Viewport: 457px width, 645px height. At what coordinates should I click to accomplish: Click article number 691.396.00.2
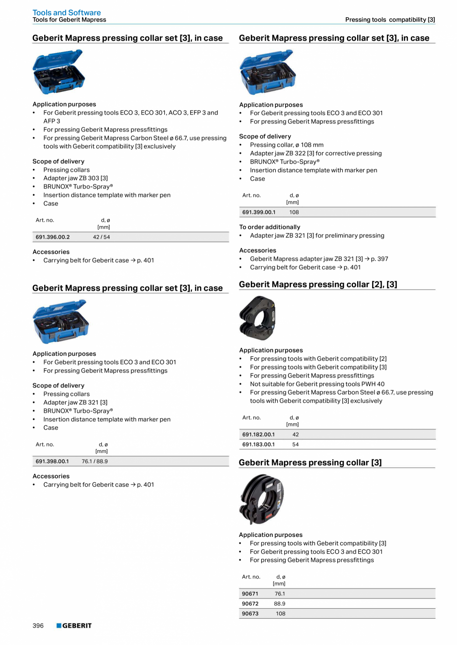(x=53, y=237)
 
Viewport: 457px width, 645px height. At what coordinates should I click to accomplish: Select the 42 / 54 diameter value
(x=101, y=237)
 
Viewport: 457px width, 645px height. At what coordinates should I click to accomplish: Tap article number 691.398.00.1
(x=52, y=461)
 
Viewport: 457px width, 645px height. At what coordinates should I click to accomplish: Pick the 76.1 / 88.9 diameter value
(x=94, y=461)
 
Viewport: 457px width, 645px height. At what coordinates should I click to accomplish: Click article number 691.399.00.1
(x=259, y=212)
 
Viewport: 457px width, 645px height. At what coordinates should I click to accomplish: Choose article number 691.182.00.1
(x=258, y=435)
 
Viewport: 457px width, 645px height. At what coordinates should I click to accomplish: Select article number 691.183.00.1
(x=258, y=445)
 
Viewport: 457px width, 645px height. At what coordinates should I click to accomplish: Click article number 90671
(x=250, y=594)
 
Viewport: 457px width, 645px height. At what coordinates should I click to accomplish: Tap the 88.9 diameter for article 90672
(x=280, y=604)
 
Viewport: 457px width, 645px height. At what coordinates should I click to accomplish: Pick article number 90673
(x=250, y=614)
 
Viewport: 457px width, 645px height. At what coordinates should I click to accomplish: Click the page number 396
(x=38, y=626)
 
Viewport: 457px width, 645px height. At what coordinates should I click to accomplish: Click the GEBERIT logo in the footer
(x=74, y=626)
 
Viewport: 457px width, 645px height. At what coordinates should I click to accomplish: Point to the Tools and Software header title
(x=67, y=12)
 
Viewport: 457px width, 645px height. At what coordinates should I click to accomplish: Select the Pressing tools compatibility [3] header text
(x=390, y=20)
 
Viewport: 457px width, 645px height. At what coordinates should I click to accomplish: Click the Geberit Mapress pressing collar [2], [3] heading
(x=318, y=284)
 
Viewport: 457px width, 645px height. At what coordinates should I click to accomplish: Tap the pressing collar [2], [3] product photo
(x=257, y=318)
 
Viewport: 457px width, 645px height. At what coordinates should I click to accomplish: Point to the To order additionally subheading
(x=270, y=227)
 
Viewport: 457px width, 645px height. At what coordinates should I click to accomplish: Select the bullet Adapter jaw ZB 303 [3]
(x=76, y=178)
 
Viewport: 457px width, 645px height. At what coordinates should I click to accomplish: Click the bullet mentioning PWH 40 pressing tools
(x=317, y=384)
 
